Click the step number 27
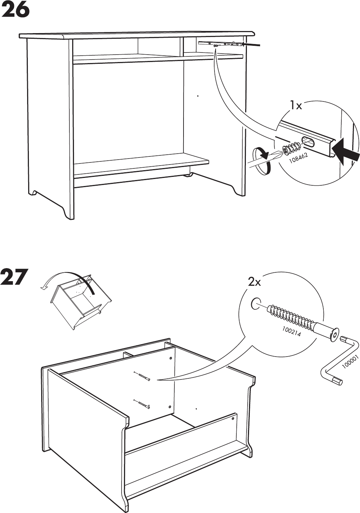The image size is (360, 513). click(x=14, y=277)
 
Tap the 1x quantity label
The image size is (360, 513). click(x=296, y=105)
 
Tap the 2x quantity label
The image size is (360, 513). click(x=254, y=282)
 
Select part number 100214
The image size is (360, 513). click(x=291, y=332)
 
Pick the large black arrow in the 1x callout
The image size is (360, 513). click(x=346, y=152)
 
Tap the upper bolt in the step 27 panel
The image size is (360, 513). click(x=142, y=376)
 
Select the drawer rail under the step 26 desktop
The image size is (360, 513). click(x=220, y=44)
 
